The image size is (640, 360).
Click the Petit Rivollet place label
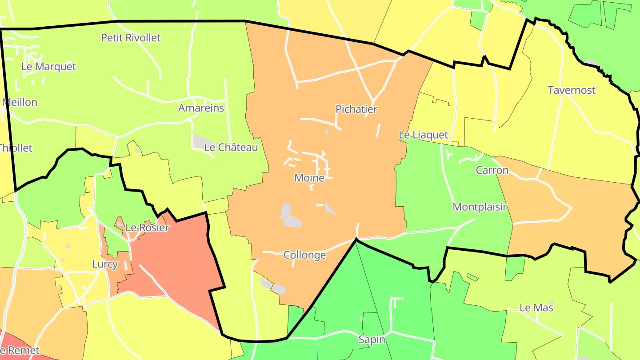tap(131, 38)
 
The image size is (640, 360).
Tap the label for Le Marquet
tap(49, 67)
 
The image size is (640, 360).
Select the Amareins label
tap(201, 108)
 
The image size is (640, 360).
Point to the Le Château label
tap(231, 148)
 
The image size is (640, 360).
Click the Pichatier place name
tap(356, 109)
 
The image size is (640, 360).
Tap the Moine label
tap(309, 178)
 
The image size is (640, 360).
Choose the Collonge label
tap(304, 255)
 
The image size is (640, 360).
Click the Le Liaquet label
tap(423, 135)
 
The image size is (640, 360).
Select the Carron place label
tap(492, 170)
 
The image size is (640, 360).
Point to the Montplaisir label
tap(480, 207)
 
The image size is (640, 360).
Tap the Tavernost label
tap(572, 90)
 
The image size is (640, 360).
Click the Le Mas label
tap(536, 308)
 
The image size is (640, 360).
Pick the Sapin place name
tap(372, 340)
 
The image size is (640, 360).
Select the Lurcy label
tap(105, 264)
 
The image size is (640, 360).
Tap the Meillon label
tap(20, 102)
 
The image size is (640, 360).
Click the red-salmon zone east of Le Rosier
tap(178, 262)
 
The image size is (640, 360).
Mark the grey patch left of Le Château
tap(199, 141)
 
